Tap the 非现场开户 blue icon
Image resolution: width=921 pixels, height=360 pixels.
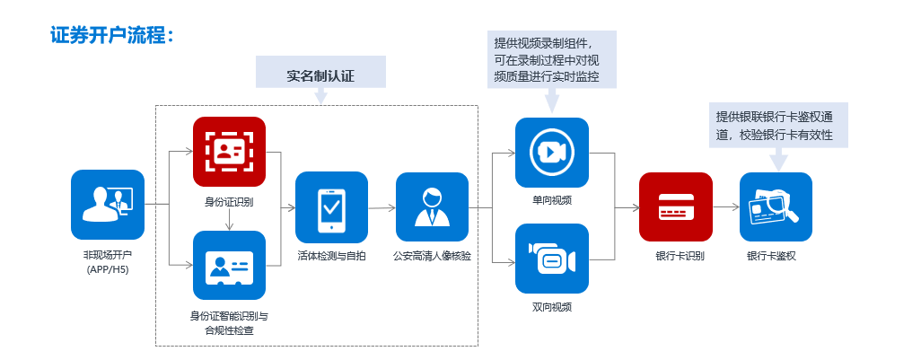pos(108,206)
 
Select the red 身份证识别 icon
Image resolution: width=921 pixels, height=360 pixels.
pos(230,152)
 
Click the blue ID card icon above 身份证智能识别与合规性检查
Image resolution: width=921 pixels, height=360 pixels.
pos(230,265)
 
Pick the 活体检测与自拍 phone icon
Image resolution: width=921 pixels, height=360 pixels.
pos(332,207)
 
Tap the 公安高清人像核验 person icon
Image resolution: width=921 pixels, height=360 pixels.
pos(432,207)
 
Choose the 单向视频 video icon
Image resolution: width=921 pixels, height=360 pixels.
pos(551,153)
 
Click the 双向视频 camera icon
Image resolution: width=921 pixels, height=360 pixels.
pos(551,259)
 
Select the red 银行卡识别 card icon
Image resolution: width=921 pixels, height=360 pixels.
pos(675,207)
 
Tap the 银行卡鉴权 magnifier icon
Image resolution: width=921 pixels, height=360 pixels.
pos(775,207)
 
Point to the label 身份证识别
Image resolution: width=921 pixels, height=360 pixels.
pos(230,201)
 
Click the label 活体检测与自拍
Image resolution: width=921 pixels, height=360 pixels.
pos(332,256)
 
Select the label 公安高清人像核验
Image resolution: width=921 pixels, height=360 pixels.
pos(432,256)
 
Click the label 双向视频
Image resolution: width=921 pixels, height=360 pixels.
pos(551,307)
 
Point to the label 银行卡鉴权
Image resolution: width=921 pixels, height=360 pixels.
pos(775,256)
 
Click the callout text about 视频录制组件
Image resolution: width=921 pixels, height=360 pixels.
pos(551,59)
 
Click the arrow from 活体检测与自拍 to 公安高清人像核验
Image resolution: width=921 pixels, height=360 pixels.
pos(382,207)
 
